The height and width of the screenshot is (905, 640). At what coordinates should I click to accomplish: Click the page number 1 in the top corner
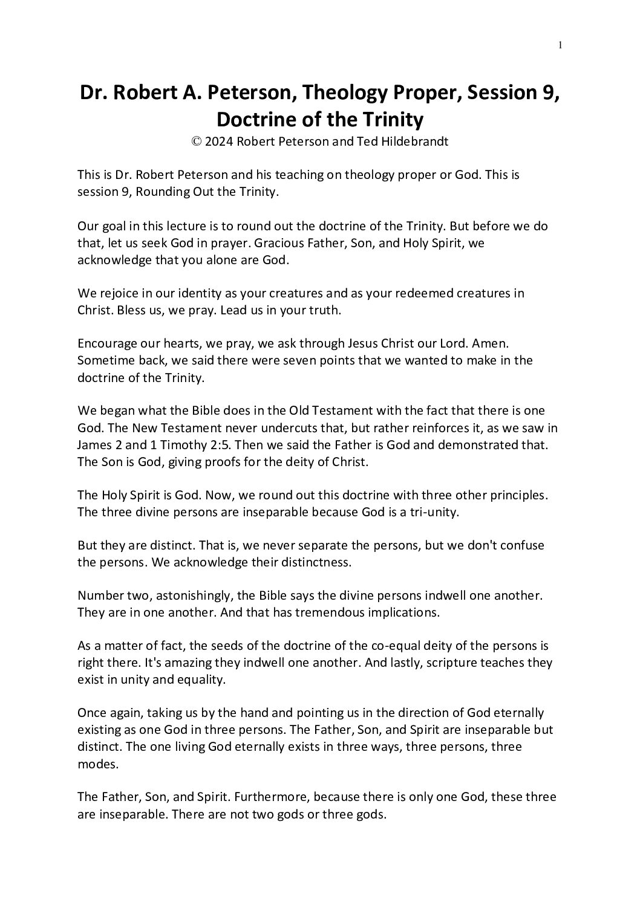561,44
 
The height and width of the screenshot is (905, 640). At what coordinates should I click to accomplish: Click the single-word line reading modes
95,764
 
